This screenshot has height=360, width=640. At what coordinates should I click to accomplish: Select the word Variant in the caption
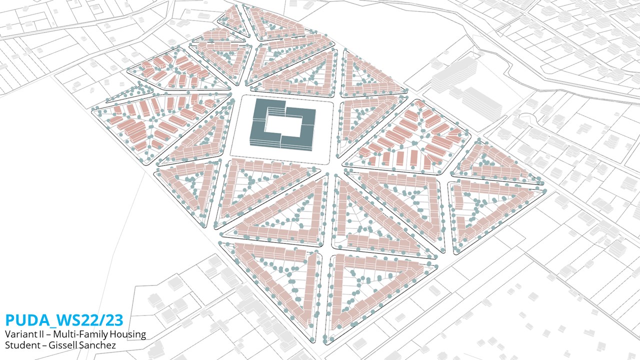[19, 334]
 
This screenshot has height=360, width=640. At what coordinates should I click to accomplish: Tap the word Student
[20, 345]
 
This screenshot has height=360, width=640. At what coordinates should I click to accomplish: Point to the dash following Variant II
[48, 335]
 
